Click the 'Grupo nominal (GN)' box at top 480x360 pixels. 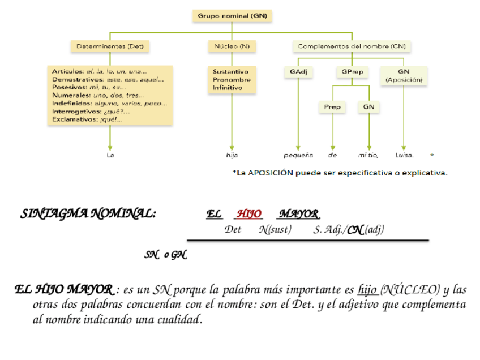[232, 16]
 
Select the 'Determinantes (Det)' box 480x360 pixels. [110, 46]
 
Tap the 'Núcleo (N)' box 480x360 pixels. [232, 46]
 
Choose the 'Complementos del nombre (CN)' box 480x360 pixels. [352, 46]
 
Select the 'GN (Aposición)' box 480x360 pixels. [404, 76]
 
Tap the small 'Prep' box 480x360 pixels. [332, 106]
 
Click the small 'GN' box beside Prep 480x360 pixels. [368, 106]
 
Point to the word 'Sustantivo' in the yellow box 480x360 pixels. [230, 72]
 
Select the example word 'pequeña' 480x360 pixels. [298, 155]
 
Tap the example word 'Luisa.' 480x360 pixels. [404, 155]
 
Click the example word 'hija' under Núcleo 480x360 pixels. [232, 155]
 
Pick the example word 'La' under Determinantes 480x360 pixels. [110, 155]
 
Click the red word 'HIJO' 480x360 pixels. [249, 214]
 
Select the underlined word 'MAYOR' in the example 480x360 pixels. [298, 214]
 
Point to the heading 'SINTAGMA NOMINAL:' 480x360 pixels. [88, 214]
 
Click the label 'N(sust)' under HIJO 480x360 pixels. [275, 229]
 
